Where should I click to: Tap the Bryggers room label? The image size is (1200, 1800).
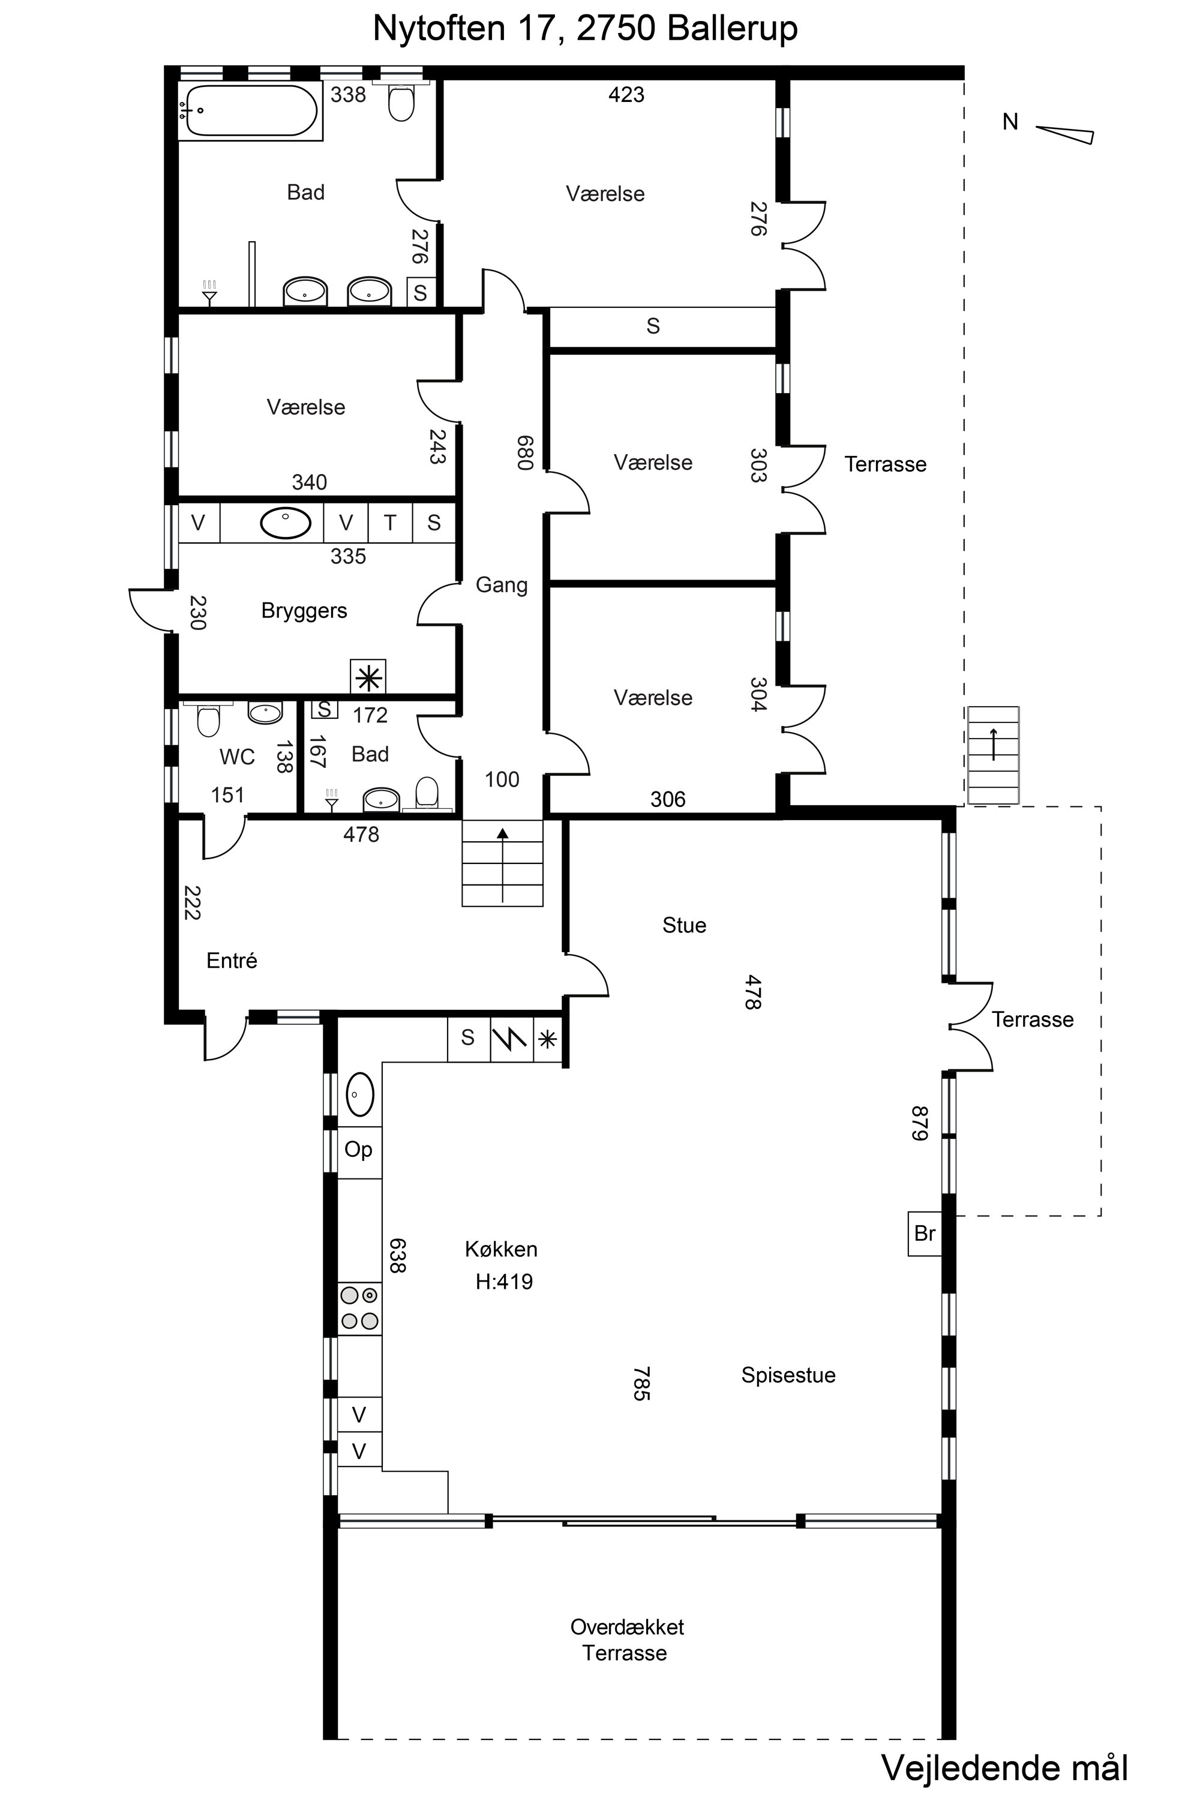click(304, 611)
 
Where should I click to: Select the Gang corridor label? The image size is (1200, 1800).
click(501, 586)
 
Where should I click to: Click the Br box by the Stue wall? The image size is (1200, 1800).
click(925, 1233)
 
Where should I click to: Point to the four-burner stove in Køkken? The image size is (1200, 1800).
click(359, 1308)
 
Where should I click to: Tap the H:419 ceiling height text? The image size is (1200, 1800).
click(503, 1281)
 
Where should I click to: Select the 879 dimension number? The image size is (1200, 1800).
click(919, 1123)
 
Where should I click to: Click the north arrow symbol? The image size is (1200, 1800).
click(1064, 133)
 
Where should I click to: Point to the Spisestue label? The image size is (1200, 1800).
click(788, 1375)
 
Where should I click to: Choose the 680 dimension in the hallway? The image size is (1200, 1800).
click(524, 452)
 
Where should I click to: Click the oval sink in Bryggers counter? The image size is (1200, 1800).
click(286, 523)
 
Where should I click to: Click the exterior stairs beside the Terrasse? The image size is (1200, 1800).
click(994, 755)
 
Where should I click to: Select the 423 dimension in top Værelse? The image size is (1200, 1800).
click(626, 95)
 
